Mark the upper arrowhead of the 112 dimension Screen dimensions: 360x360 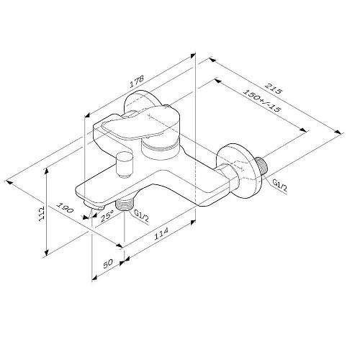(46, 171)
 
